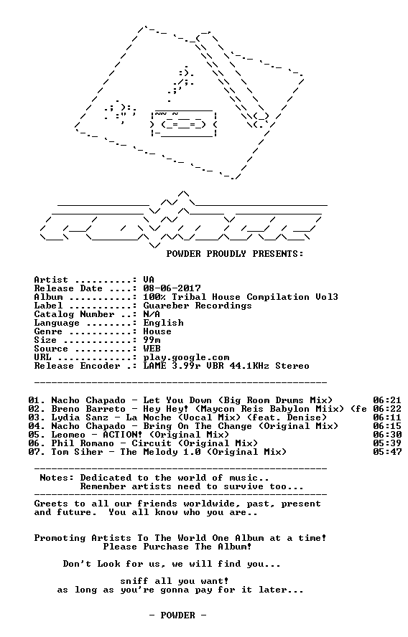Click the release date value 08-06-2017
[x=172, y=288]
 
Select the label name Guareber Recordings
[x=198, y=306]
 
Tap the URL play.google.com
[x=186, y=358]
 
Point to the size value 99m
[x=152, y=340]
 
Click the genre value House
[x=157, y=331]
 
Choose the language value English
[x=163, y=323]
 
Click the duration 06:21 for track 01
[x=387, y=400]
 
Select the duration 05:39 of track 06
[x=387, y=443]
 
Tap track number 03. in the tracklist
[x=37, y=417]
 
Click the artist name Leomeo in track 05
[x=68, y=435]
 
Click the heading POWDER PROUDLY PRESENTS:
[x=235, y=254]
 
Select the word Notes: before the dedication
[x=57, y=478]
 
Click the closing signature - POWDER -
[x=177, y=615]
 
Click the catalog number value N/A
[x=152, y=314]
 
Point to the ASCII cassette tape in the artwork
[x=183, y=124]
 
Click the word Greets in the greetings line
[x=51, y=504]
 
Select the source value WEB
[x=152, y=349]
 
